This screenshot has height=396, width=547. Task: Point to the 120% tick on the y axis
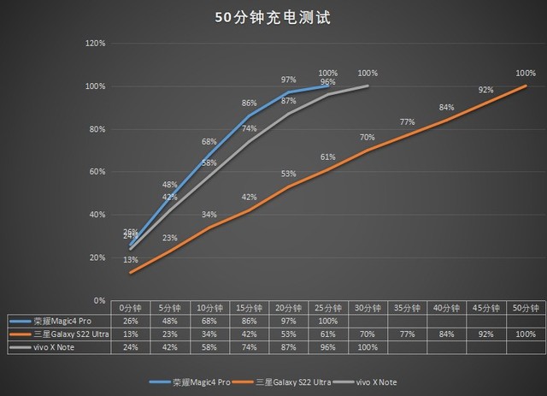tap(94, 43)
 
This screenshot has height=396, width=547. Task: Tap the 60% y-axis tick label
tap(96, 172)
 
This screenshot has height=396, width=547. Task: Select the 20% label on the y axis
tap(96, 257)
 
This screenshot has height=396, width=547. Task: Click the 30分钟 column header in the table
tap(368, 307)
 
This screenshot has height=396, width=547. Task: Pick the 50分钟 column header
tap(526, 307)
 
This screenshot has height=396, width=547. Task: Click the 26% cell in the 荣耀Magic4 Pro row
tap(130, 321)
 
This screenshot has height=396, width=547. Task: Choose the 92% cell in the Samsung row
tap(486, 334)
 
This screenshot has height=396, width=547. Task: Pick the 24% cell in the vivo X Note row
tap(130, 348)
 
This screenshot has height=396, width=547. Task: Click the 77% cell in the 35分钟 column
tap(407, 334)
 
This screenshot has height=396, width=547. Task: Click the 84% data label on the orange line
tap(446, 107)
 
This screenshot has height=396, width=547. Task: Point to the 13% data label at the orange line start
tap(130, 260)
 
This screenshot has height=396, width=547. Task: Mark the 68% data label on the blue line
tap(209, 141)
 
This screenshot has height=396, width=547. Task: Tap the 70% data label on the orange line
tap(368, 137)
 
